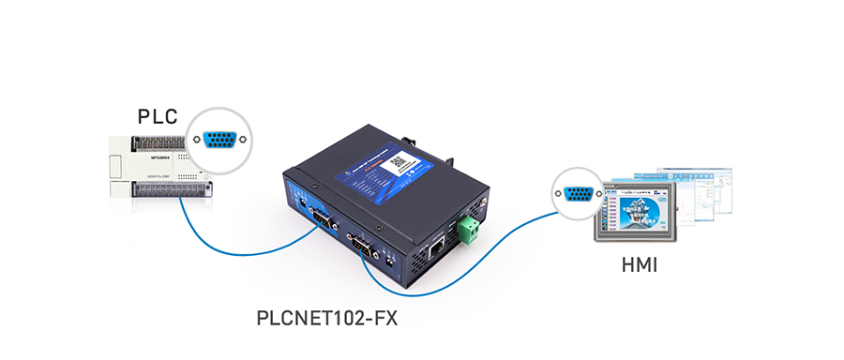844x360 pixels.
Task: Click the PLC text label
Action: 157,117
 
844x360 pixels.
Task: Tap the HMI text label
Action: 640,265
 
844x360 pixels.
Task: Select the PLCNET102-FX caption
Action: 327,318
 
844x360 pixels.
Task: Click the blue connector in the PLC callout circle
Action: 219,139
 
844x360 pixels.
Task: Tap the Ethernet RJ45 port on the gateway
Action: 437,248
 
